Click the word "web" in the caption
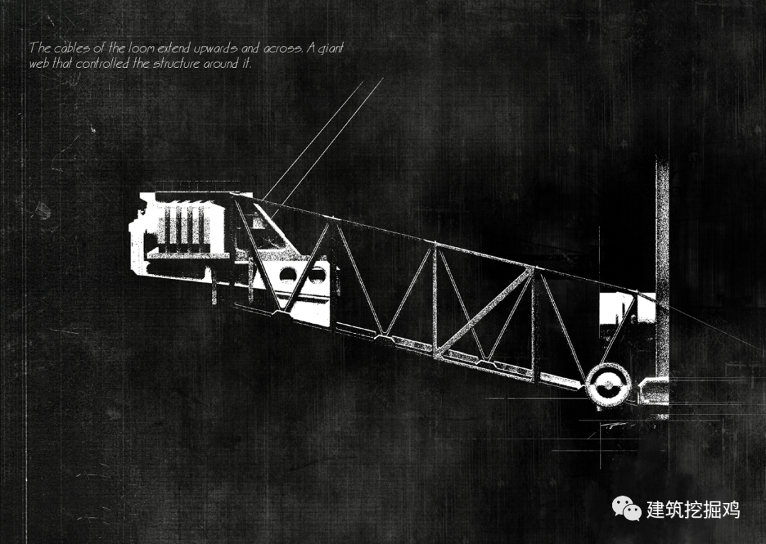coord(40,63)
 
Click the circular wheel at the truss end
coord(609,385)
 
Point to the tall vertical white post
coord(662,283)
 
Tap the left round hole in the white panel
coord(289,274)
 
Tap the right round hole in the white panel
coord(314,274)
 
